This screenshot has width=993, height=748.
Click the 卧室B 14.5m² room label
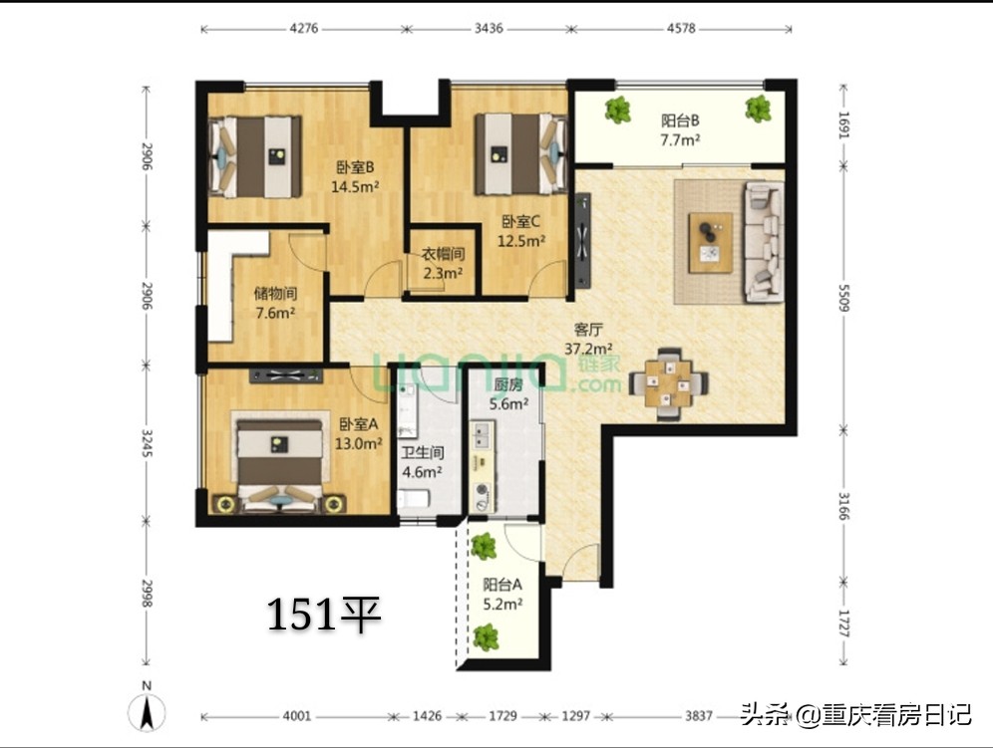[355, 175]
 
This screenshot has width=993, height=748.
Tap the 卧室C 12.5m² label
[522, 231]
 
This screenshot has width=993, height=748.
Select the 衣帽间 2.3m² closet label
[442, 264]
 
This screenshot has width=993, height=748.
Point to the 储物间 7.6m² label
[275, 303]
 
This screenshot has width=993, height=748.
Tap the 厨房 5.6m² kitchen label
[509, 394]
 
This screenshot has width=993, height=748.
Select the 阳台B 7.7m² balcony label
[679, 129]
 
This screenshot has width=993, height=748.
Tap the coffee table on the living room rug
[714, 241]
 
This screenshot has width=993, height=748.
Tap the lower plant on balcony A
[487, 635]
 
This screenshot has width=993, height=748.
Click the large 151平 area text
[324, 615]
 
